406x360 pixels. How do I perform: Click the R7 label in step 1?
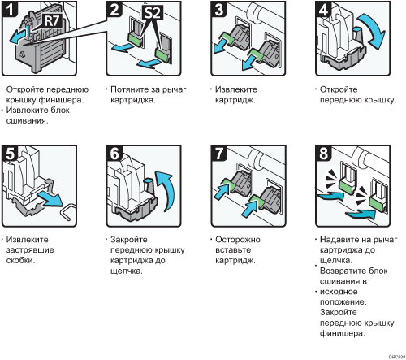[53, 21]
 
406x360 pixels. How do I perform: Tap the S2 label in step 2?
[153, 13]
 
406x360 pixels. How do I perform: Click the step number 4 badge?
[324, 9]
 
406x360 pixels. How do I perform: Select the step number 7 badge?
[219, 154]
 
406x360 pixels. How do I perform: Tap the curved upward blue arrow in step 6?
[166, 190]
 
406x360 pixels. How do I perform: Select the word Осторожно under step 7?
[238, 240]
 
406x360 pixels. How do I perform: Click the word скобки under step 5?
[20, 260]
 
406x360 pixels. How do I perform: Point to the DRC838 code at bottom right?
[397, 357]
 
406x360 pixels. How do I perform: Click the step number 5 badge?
[10, 154]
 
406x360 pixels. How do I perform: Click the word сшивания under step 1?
[27, 120]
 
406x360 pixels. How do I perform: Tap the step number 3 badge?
[219, 9]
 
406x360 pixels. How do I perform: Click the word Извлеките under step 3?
[236, 89]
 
